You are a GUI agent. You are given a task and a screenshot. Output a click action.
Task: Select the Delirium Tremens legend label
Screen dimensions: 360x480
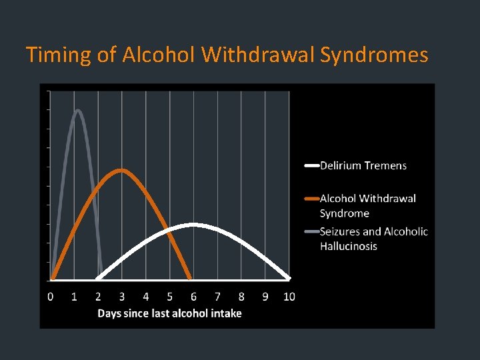coord(363,165)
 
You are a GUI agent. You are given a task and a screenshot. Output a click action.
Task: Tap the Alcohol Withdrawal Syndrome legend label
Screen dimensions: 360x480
coord(367,205)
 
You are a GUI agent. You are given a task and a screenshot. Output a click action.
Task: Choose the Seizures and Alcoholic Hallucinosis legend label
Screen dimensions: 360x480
coord(373,239)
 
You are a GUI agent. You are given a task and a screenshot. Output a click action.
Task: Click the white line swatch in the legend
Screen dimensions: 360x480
coord(311,165)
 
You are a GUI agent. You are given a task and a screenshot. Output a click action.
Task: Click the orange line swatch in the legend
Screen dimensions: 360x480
coord(311,198)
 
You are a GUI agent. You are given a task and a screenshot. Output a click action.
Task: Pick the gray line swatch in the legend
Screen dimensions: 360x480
coord(311,231)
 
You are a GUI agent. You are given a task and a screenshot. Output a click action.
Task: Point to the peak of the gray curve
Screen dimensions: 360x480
coord(77,111)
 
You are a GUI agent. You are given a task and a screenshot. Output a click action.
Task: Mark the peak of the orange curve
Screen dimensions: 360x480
coord(121,170)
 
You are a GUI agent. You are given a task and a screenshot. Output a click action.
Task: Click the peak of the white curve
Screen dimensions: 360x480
coord(193,225)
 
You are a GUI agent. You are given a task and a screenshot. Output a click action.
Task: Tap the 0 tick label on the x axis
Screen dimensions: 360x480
coord(51,297)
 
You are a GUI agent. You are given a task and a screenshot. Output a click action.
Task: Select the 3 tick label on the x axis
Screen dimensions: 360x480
coord(122,297)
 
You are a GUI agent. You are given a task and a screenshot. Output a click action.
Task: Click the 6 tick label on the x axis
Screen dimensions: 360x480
coord(193,297)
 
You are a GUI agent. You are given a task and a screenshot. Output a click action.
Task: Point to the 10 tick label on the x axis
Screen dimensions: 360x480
coord(289,297)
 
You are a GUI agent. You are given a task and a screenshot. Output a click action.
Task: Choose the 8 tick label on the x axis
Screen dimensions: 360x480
coord(241,297)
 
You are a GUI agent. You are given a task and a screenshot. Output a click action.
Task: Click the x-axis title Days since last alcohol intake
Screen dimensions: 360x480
coord(169,313)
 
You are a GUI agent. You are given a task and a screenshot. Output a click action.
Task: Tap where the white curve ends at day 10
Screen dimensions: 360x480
coord(289,278)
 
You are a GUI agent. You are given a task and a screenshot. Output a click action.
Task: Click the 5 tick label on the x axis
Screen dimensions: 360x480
coord(169,297)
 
